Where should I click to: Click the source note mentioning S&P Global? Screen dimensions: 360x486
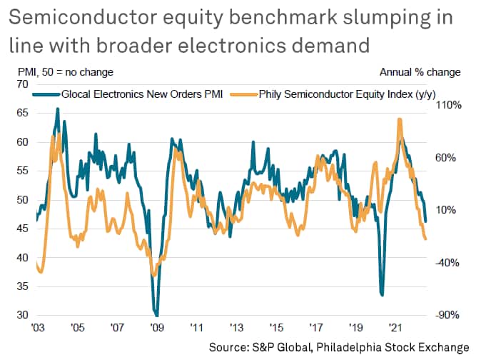[x=340, y=346]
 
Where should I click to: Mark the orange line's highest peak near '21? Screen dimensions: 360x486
[x=399, y=119]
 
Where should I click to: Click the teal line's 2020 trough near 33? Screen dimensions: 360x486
[x=383, y=294]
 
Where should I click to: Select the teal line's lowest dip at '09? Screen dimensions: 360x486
[x=156, y=314]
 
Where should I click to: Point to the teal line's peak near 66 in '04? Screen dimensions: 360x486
[x=58, y=109]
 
